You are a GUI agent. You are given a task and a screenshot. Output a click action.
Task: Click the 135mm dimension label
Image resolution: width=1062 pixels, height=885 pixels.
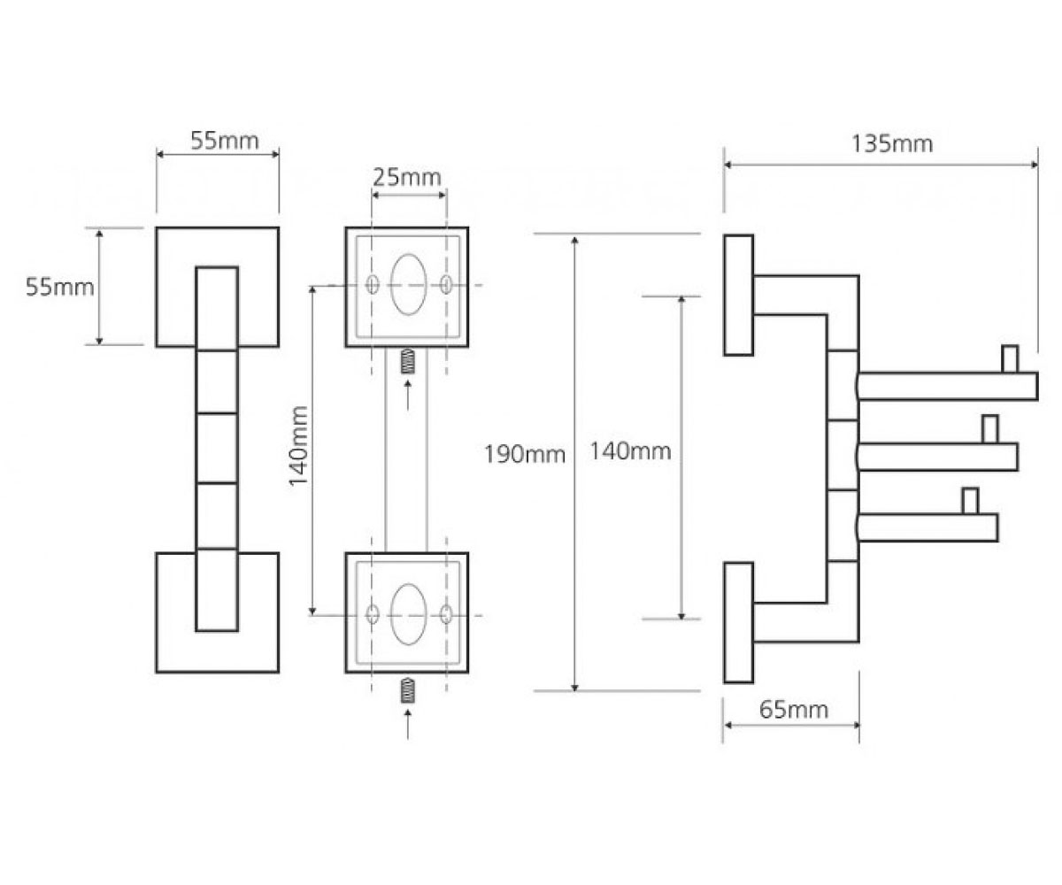(x=891, y=144)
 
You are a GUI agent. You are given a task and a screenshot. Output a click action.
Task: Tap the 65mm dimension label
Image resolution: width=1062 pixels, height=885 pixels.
(x=794, y=710)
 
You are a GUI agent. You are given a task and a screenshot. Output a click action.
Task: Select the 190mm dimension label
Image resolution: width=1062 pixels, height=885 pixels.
(x=525, y=454)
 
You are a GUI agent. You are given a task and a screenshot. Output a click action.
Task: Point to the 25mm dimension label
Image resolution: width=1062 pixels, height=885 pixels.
(x=407, y=178)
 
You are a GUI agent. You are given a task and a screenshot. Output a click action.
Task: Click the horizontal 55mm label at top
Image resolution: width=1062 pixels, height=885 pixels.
(x=225, y=141)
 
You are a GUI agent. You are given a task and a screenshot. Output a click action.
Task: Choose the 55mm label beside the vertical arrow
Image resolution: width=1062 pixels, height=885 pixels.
(x=60, y=288)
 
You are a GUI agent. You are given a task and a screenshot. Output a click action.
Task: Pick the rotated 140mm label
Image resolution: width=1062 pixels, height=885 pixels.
(x=298, y=445)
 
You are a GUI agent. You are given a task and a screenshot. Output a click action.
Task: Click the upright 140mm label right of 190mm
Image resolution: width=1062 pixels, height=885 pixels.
(x=630, y=451)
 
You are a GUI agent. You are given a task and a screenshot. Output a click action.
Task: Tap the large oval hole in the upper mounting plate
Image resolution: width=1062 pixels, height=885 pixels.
(x=408, y=284)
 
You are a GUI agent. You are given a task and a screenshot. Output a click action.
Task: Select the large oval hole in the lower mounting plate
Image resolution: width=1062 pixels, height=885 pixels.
(x=408, y=614)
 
